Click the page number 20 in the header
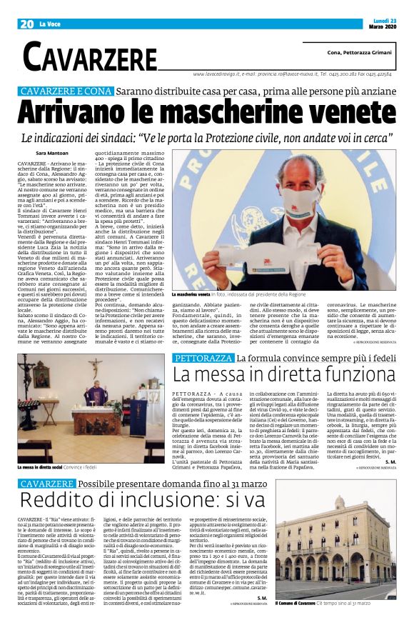tap(27, 24)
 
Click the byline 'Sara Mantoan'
tap(51, 153)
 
